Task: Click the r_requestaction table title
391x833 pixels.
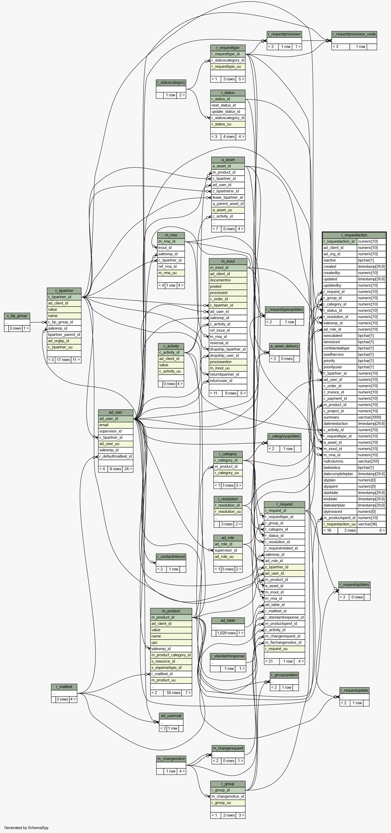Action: (x=354, y=235)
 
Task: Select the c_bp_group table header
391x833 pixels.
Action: (x=17, y=316)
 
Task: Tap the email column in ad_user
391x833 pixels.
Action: (x=116, y=425)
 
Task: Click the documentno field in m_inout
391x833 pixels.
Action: (x=228, y=280)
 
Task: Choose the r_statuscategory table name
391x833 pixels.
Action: (x=171, y=82)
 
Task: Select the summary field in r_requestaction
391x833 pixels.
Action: (x=340, y=418)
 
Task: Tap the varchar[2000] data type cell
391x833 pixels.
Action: (x=372, y=418)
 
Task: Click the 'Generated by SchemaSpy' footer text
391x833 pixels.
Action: (x=26, y=828)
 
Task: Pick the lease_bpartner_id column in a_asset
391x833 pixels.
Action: (x=228, y=198)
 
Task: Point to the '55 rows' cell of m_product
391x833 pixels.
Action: (x=173, y=693)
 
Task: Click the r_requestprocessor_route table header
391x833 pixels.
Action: (x=354, y=34)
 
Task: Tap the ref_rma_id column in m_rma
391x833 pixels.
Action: (x=171, y=267)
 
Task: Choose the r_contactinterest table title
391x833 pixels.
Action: (x=171, y=557)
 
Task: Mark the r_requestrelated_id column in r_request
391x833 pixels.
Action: (x=284, y=548)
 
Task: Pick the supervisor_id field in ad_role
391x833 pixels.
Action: (x=228, y=550)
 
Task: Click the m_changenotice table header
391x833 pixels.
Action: (x=171, y=759)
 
